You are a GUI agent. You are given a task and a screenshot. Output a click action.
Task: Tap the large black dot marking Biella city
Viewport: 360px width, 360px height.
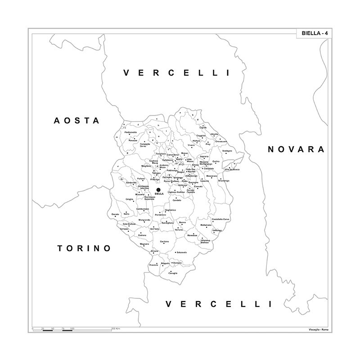[x=158, y=190]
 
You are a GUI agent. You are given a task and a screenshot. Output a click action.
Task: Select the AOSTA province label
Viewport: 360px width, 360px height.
[x=76, y=121]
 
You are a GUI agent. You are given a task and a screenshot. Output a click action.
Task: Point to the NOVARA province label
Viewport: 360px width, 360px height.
[x=296, y=149]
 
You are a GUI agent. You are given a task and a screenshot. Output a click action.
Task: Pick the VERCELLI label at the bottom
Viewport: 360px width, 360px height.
[x=219, y=304]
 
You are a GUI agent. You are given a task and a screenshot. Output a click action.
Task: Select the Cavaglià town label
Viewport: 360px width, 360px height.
[x=173, y=273]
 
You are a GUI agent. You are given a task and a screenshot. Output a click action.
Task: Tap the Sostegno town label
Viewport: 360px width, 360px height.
[x=227, y=151]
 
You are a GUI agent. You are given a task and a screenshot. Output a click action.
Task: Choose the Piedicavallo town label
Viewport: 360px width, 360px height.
[x=131, y=132]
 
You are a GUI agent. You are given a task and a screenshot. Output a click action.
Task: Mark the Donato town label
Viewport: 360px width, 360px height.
[x=115, y=214]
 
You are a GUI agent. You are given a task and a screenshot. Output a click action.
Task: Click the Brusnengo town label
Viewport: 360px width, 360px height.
[x=224, y=180]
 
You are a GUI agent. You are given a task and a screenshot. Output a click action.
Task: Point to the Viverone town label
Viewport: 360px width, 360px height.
[x=154, y=265]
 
